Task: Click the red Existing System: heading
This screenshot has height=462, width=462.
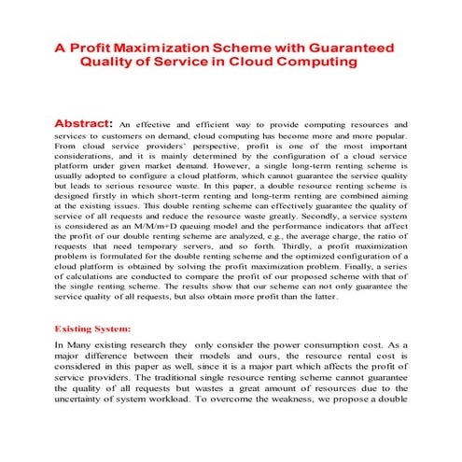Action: click(x=92, y=329)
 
